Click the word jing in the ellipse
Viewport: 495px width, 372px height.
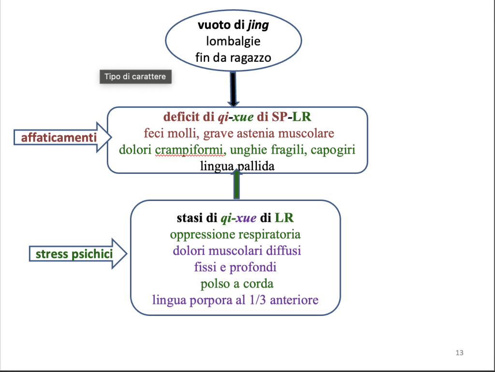258,26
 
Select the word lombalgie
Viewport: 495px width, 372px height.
233,42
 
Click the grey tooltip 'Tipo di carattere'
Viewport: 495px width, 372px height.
135,77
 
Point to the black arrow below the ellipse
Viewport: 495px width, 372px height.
233,89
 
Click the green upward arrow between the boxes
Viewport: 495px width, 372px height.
236,184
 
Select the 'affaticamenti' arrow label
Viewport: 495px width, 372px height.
58,138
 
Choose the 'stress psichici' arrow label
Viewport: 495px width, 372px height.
74,254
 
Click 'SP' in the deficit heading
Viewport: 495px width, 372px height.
279,117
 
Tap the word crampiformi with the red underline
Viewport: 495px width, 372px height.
189,150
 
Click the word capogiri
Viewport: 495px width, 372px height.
333,150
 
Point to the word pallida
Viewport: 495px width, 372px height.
256,166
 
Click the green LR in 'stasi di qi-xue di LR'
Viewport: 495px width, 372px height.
284,218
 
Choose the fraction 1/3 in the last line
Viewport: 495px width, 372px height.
258,300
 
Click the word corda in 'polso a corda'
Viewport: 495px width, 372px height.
258,284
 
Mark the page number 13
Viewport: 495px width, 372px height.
459,353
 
